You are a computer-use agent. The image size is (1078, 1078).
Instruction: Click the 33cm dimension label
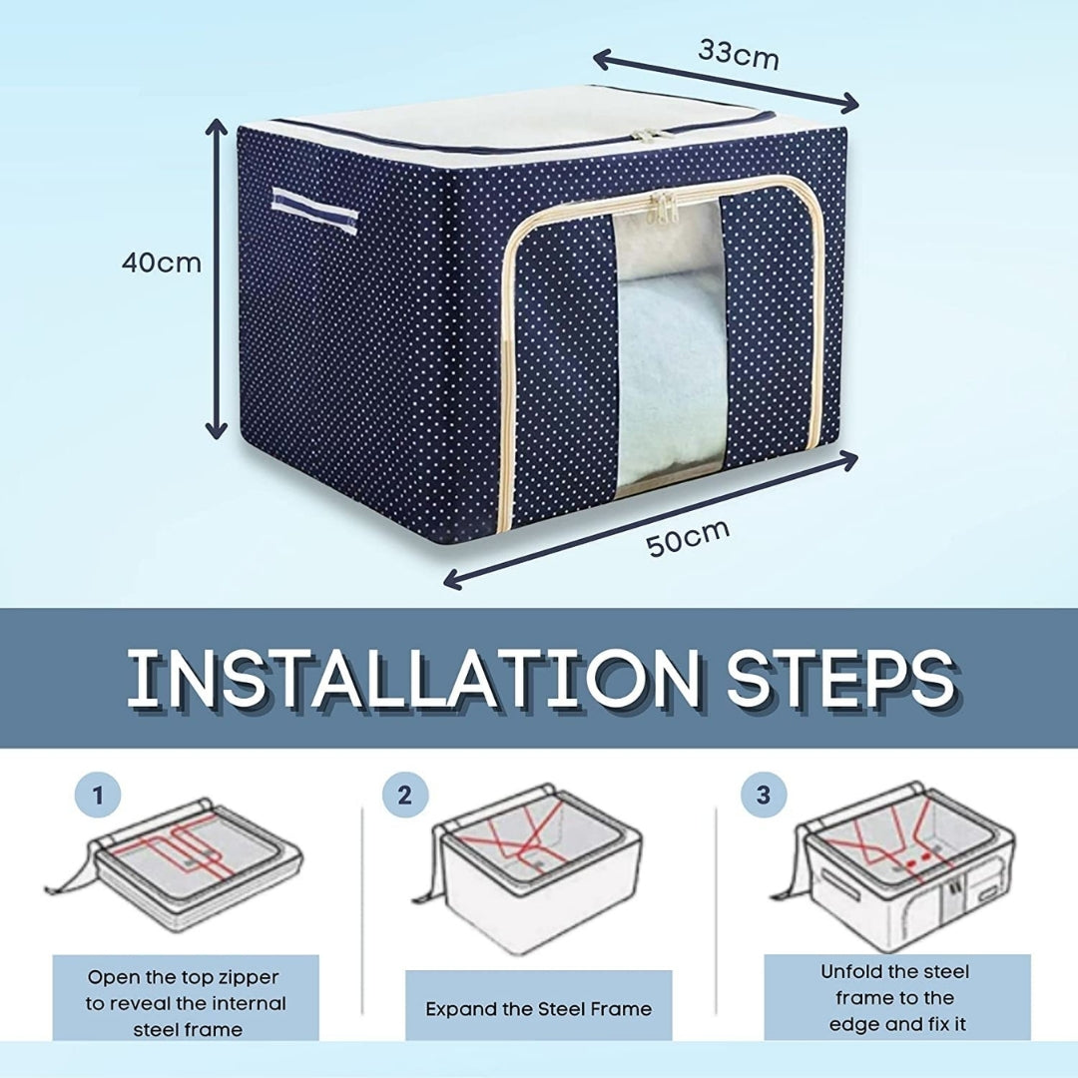pyautogui.click(x=738, y=54)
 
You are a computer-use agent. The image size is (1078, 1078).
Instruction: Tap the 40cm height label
pyautogui.click(x=161, y=264)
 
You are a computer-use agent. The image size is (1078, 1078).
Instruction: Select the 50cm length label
pyautogui.click(x=687, y=538)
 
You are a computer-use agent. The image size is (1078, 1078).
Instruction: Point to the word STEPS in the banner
pyautogui.click(x=839, y=678)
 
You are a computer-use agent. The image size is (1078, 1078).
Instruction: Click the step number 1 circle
pyautogui.click(x=98, y=796)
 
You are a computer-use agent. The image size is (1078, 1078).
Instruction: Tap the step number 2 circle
pyautogui.click(x=404, y=796)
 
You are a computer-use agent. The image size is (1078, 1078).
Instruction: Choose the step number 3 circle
pyautogui.click(x=763, y=796)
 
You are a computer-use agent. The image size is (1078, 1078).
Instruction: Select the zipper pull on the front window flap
pyautogui.click(x=660, y=210)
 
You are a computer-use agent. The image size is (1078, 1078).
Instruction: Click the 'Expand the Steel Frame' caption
pyautogui.click(x=538, y=1008)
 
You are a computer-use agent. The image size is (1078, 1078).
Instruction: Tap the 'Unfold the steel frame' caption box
pyautogui.click(x=895, y=997)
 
